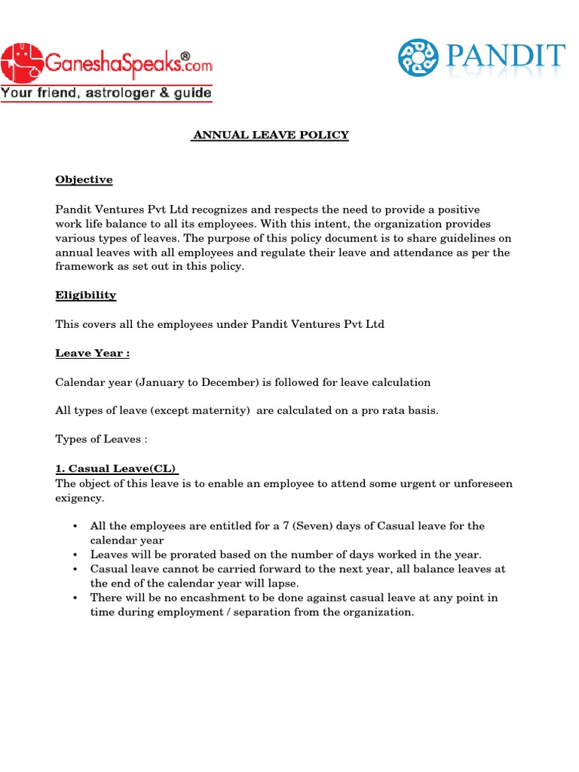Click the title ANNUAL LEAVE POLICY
tap(270, 135)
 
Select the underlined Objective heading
tap(84, 179)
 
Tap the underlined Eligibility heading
tap(86, 295)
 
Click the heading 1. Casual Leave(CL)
tap(117, 469)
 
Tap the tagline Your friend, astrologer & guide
tap(106, 93)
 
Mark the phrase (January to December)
tap(197, 382)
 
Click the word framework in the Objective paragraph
tap(84, 267)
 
